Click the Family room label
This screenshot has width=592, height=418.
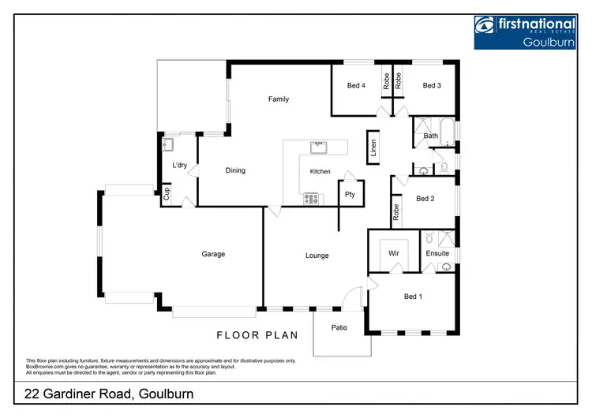pyautogui.click(x=278, y=99)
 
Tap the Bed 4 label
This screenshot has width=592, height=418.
pyautogui.click(x=356, y=86)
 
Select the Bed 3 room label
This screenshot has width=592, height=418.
pyautogui.click(x=431, y=86)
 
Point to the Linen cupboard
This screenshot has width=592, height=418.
pyautogui.click(x=373, y=150)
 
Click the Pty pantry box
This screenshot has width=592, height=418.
pyautogui.click(x=350, y=194)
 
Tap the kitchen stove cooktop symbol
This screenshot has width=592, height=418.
pyautogui.click(x=311, y=199)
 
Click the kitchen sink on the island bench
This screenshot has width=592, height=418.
pyautogui.click(x=319, y=147)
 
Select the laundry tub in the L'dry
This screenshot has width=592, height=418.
pyautogui.click(x=167, y=144)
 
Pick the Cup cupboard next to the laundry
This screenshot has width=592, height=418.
pyautogui.click(x=167, y=194)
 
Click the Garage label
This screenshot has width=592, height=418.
pyautogui.click(x=213, y=254)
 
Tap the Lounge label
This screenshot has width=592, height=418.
pyautogui.click(x=317, y=256)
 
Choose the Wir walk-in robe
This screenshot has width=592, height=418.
pyautogui.click(x=392, y=254)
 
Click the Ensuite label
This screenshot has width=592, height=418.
pyautogui.click(x=437, y=254)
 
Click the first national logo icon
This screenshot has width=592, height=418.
pyautogui.click(x=485, y=25)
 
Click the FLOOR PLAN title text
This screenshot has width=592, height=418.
pyautogui.click(x=258, y=335)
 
